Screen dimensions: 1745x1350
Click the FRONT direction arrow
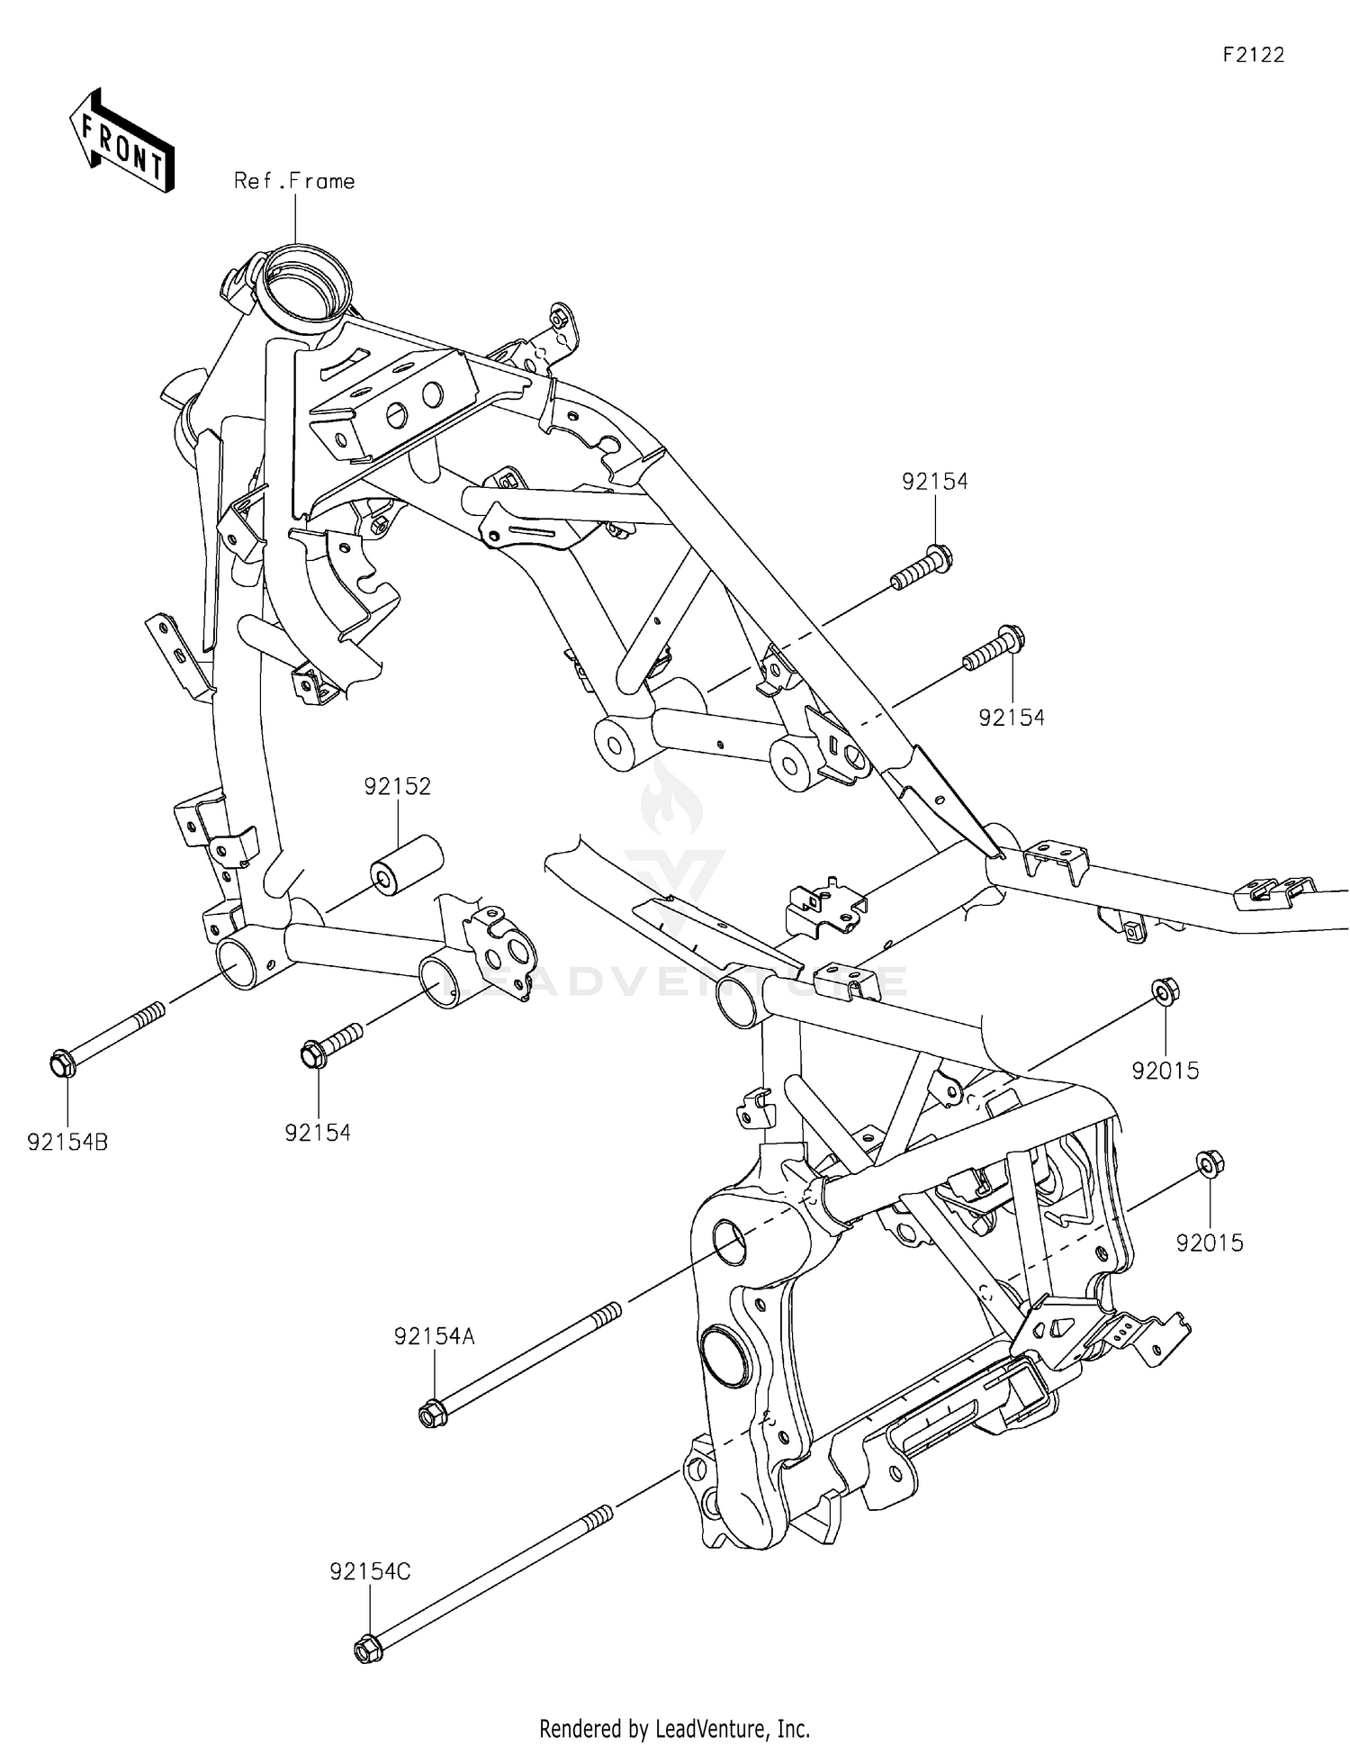[121, 140]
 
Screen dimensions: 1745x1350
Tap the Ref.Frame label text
[294, 181]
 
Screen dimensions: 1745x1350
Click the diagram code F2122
[1253, 55]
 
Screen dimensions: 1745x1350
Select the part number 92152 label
[398, 787]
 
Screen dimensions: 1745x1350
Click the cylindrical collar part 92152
[407, 865]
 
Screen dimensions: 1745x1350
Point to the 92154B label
[67, 1143]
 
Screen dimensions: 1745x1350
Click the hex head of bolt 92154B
[61, 1064]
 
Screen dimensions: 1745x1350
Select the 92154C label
[370, 1572]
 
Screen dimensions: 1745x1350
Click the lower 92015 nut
[1207, 1165]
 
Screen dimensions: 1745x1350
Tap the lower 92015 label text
[1210, 1243]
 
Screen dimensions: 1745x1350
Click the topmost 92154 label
[935, 482]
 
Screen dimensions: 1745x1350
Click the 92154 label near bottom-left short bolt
[318, 1133]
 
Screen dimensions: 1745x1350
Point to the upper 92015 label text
[1165, 1071]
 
